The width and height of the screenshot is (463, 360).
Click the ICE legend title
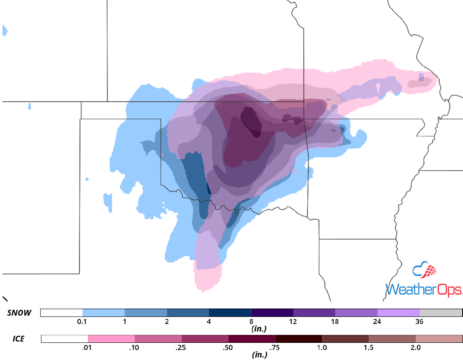tap(17, 338)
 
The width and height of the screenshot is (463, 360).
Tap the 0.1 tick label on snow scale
tap(82, 321)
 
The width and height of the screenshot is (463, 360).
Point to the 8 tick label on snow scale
tap(251, 321)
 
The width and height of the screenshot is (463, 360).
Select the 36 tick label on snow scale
tap(419, 321)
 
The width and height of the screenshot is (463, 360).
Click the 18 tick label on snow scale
tap(335, 321)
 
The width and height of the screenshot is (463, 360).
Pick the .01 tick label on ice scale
tap(87, 347)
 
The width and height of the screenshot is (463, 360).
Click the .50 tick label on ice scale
tap(228, 347)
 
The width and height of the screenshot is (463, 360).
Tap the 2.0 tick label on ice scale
tap(415, 347)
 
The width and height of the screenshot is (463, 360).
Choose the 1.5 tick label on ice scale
tap(368, 347)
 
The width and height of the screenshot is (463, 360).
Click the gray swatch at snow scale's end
tap(441, 313)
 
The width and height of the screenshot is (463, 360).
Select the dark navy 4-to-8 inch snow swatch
tap(230, 313)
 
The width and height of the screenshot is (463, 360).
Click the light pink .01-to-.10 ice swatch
tap(111, 339)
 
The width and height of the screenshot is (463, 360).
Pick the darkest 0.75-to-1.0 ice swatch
tap(298, 339)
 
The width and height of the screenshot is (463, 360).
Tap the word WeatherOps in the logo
tap(423, 290)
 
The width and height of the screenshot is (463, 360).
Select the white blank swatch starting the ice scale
tap(64, 339)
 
